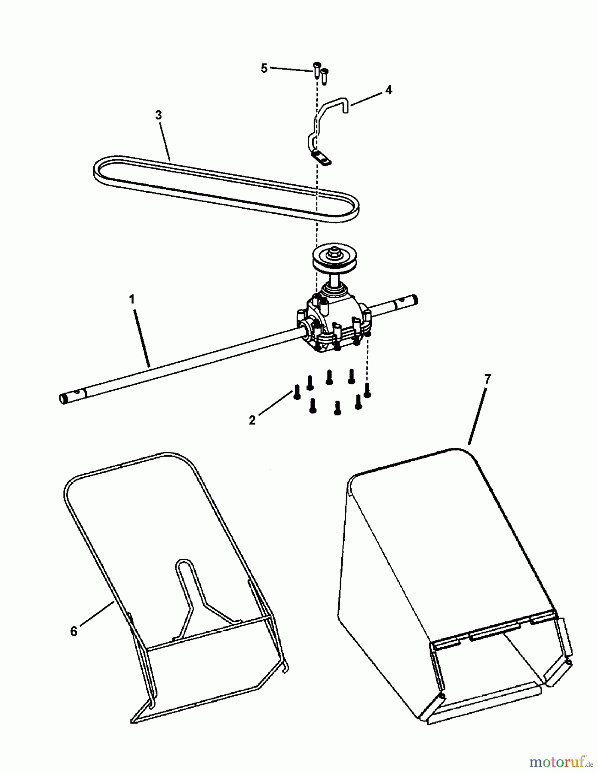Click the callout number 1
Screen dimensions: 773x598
(132, 299)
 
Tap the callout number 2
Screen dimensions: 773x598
(252, 420)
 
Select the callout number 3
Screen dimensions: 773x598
(159, 115)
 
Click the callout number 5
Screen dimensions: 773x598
(264, 68)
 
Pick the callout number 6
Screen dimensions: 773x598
(74, 631)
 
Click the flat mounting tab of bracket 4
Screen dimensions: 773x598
(322, 158)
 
